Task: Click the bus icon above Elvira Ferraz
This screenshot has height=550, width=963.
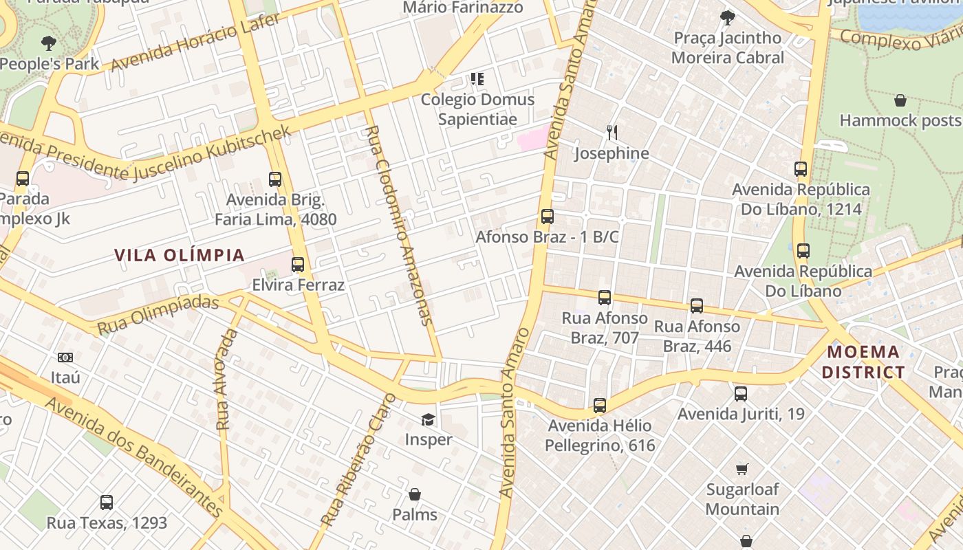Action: (x=298, y=265)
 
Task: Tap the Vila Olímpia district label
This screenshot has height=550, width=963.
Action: (x=180, y=255)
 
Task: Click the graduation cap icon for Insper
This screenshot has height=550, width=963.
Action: (x=429, y=419)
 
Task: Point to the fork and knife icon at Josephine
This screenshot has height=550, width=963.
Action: (x=612, y=132)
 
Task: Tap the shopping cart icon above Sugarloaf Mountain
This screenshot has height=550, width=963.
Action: (x=742, y=470)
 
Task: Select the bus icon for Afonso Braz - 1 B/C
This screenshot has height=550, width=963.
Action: (x=548, y=217)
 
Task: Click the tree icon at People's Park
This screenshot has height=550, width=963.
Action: (x=48, y=43)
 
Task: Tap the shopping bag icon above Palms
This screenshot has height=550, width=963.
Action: (x=415, y=494)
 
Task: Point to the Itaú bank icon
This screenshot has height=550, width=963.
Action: (x=65, y=357)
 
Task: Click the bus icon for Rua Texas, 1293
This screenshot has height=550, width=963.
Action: (x=107, y=503)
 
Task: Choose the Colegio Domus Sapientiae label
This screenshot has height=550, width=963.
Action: (x=477, y=109)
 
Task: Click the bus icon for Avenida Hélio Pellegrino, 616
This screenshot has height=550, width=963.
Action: (x=600, y=406)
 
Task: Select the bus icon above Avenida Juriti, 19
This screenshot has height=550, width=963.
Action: (x=741, y=394)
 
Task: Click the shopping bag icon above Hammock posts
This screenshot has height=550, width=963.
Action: (x=900, y=101)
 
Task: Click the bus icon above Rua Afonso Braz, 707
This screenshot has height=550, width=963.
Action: (x=605, y=298)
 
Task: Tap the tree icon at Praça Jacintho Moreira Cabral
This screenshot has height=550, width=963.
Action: (x=728, y=18)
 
